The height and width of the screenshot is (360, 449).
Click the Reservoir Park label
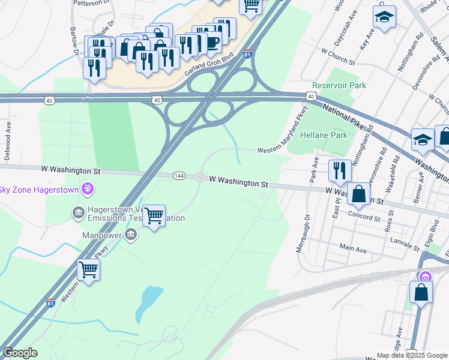coord(339,86)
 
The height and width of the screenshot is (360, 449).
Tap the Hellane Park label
coord(324,135)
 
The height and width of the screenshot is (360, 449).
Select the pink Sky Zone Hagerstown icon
coord(88,190)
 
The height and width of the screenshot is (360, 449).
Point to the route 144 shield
coord(179,176)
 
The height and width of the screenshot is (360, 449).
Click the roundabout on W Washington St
coord(200,177)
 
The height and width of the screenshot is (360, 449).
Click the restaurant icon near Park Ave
coord(340,170)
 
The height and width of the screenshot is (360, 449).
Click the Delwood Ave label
coord(8,140)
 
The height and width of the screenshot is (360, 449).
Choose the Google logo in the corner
coord(20,353)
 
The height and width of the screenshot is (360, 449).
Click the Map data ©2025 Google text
coord(411,355)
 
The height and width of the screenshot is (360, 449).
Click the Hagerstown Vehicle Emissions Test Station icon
coord(79,212)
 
